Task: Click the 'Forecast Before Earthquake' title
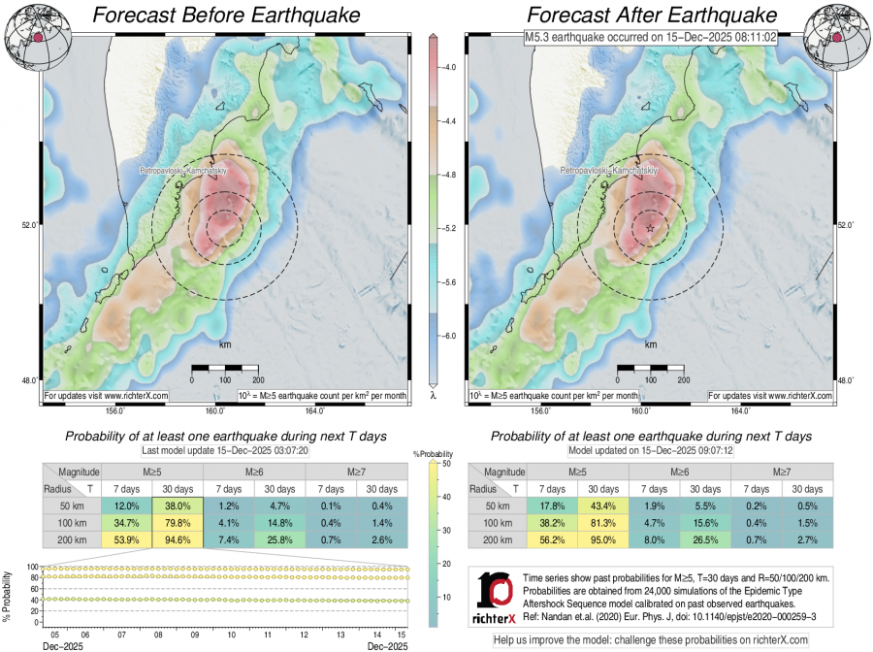pos(224,16)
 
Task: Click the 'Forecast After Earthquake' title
pos(652,16)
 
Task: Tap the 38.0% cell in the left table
pos(177,506)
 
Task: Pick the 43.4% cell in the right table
pos(602,506)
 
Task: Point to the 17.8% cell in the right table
pos(551,506)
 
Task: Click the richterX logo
pos(498,597)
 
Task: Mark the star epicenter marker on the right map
pos(649,228)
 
